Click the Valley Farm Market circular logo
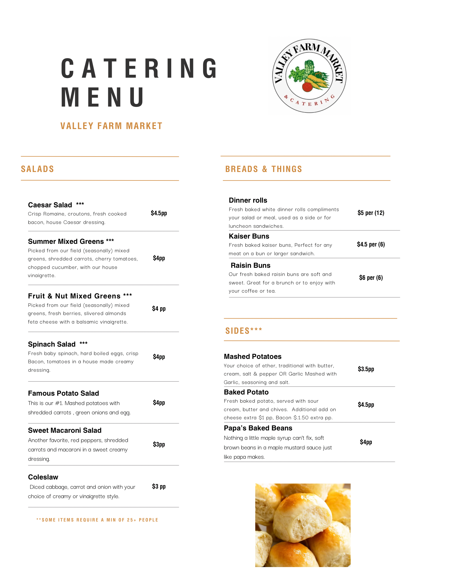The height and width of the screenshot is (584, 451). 309,76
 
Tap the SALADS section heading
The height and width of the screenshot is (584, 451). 37,169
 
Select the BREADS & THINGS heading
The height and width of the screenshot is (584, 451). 263,169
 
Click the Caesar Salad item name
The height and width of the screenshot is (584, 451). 50,205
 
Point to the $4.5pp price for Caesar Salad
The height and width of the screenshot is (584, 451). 159,213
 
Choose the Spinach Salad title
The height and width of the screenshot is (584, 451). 52,344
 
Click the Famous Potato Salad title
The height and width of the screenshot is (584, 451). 63,393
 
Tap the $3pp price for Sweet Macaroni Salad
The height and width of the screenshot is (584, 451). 159,444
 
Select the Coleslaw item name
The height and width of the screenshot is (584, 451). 43,477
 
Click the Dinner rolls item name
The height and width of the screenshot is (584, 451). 248,200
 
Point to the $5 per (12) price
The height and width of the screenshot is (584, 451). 371,213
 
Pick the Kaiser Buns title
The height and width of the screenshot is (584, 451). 249,236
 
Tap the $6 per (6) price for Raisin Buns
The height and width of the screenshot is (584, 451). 371,278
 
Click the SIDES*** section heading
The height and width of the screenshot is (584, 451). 244,331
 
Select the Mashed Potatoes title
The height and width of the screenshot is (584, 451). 253,357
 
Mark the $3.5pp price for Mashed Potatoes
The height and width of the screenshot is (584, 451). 366,369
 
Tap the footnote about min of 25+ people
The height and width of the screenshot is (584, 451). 97,520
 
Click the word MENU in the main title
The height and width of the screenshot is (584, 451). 103,97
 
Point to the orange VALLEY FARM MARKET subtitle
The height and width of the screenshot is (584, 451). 111,126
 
